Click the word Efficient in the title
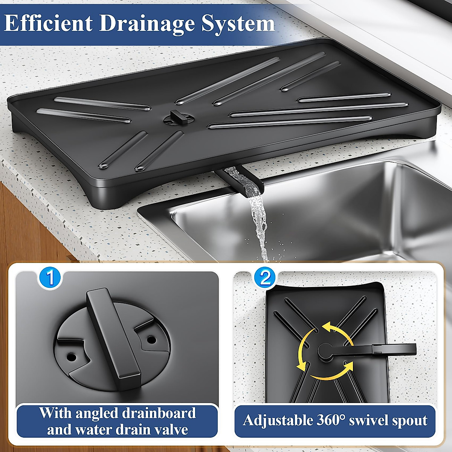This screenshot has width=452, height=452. pyautogui.click(x=48, y=23)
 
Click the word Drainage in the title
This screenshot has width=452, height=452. pyautogui.click(x=147, y=23)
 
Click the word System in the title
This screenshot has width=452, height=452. pyautogui.click(x=238, y=23)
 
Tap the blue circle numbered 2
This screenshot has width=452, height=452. pyautogui.click(x=265, y=278)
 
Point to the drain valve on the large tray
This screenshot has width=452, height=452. pyautogui.click(x=179, y=118)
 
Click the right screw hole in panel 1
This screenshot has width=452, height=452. pyautogui.click(x=151, y=339)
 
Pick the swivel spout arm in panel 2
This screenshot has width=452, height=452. pyautogui.click(x=373, y=349)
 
